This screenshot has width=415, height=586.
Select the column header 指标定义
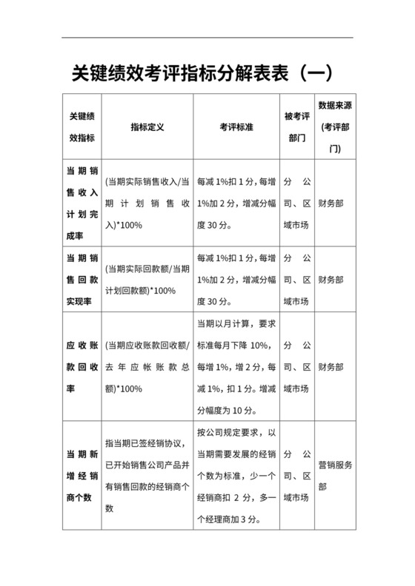147,127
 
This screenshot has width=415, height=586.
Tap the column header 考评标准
237,127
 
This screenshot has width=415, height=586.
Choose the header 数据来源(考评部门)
334,127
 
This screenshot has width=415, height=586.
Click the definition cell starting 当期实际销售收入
147,203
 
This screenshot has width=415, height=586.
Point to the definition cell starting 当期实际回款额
147,280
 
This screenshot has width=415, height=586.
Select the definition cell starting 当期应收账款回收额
147,367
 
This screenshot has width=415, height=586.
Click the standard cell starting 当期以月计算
236,367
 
